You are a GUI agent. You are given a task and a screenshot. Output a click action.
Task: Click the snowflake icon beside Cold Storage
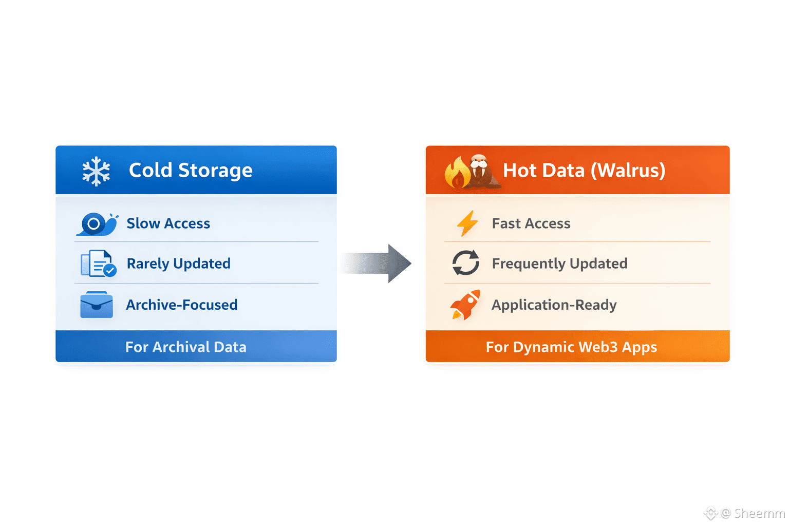tap(96, 171)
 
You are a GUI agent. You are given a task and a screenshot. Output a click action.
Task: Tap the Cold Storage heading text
tap(191, 171)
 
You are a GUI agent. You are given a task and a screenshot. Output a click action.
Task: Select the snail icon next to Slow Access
tap(97, 224)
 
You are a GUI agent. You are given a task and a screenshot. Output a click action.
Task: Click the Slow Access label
tap(168, 223)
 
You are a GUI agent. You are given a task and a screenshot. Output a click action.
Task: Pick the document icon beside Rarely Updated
tap(98, 264)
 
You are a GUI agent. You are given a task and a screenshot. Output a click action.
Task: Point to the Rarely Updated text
tap(178, 264)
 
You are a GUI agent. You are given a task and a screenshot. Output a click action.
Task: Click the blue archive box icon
tap(97, 305)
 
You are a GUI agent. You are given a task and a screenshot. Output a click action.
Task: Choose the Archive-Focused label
tap(181, 305)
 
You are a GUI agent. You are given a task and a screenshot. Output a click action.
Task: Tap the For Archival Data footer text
tap(185, 347)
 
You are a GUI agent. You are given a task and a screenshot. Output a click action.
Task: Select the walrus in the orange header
tap(481, 171)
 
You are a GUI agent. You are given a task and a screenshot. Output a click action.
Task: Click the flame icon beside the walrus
tap(457, 173)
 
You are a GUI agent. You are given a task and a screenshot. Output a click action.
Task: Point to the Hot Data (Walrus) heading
tap(584, 171)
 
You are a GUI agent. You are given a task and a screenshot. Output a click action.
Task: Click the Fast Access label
tap(531, 223)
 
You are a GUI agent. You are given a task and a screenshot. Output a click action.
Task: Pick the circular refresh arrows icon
tap(466, 263)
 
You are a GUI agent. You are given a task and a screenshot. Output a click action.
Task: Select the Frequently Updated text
tap(559, 264)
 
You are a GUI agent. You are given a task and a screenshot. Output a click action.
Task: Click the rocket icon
tap(465, 305)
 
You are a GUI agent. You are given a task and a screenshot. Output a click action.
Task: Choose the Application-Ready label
tap(554, 305)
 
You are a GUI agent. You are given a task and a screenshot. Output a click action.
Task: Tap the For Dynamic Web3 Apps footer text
tap(571, 347)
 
